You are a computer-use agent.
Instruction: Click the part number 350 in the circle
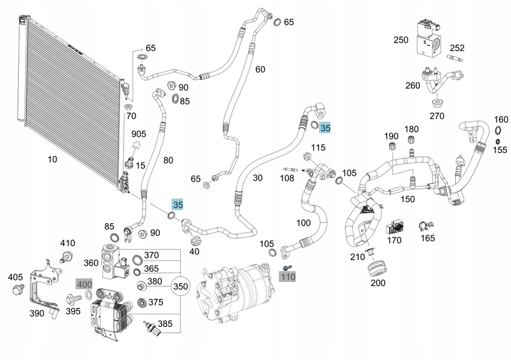click(180, 286)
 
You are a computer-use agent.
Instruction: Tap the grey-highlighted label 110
click(287, 277)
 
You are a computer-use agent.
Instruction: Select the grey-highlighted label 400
click(84, 284)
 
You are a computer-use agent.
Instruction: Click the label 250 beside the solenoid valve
click(401, 40)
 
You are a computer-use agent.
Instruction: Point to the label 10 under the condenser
click(52, 159)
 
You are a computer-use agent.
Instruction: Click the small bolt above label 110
click(287, 268)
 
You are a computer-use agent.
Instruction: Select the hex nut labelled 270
click(437, 103)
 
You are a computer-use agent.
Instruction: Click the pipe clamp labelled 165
click(426, 226)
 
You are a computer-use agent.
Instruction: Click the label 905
click(139, 134)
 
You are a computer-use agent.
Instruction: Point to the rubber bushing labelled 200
click(378, 268)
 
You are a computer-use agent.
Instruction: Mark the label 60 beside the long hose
click(260, 69)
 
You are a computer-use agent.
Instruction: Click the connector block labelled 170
click(395, 227)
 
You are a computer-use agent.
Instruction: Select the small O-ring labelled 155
click(498, 142)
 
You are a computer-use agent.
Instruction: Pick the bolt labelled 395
click(74, 298)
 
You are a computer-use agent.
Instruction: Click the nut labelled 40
click(195, 241)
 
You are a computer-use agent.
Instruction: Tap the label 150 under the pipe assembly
click(407, 199)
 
